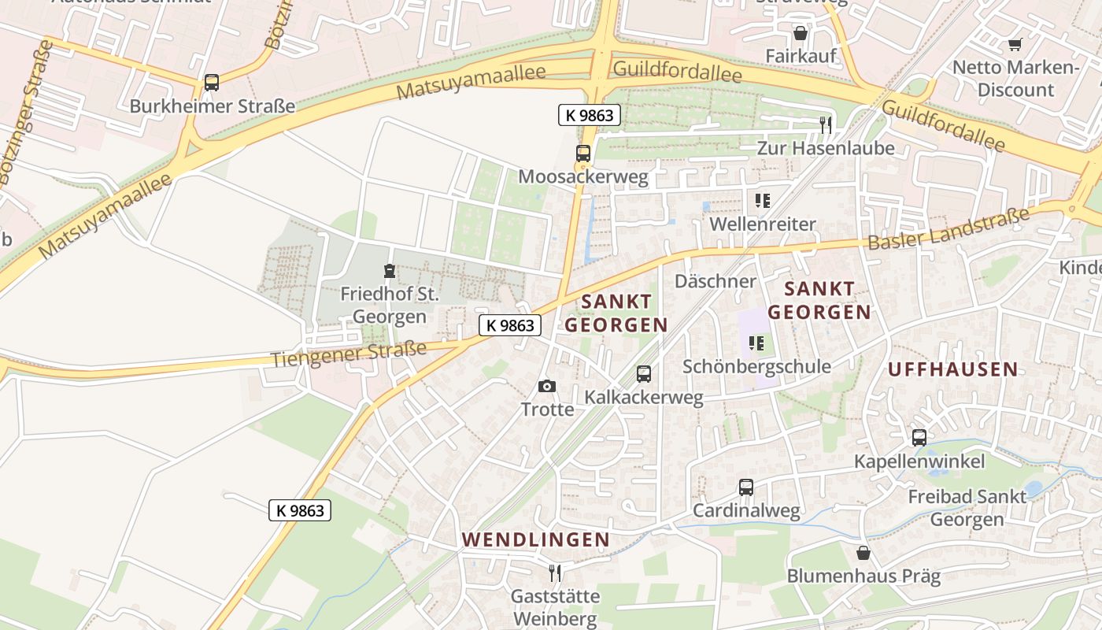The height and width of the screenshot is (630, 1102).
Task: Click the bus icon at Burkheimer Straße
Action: (211, 83)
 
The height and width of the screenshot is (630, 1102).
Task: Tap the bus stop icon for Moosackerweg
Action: (582, 154)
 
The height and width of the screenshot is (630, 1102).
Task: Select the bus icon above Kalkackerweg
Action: (643, 374)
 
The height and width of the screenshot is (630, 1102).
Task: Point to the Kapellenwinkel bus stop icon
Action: (919, 438)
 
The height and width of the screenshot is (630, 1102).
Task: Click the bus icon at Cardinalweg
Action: (745, 487)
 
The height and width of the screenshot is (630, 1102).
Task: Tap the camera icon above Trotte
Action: (546, 386)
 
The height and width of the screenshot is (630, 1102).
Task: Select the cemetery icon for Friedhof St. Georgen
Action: (389, 272)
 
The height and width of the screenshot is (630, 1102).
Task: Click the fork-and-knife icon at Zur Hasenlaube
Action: (825, 124)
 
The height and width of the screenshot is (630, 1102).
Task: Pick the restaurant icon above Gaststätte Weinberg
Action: (555, 573)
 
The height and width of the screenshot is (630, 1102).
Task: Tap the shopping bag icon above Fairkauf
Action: (800, 33)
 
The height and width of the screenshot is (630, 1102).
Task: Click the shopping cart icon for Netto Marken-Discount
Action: (1015, 44)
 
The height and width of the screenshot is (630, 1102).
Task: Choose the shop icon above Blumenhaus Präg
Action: (863, 553)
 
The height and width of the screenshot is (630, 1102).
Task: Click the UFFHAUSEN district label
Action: (952, 369)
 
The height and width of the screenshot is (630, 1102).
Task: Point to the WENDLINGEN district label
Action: (535, 539)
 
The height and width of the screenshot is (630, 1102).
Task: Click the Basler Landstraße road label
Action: (948, 229)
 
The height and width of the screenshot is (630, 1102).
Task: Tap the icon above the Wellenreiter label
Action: (762, 201)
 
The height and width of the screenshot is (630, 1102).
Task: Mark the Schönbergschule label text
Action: (756, 366)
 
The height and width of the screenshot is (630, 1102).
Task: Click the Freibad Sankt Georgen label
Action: (967, 508)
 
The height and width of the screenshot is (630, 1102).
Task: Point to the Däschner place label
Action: (715, 281)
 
